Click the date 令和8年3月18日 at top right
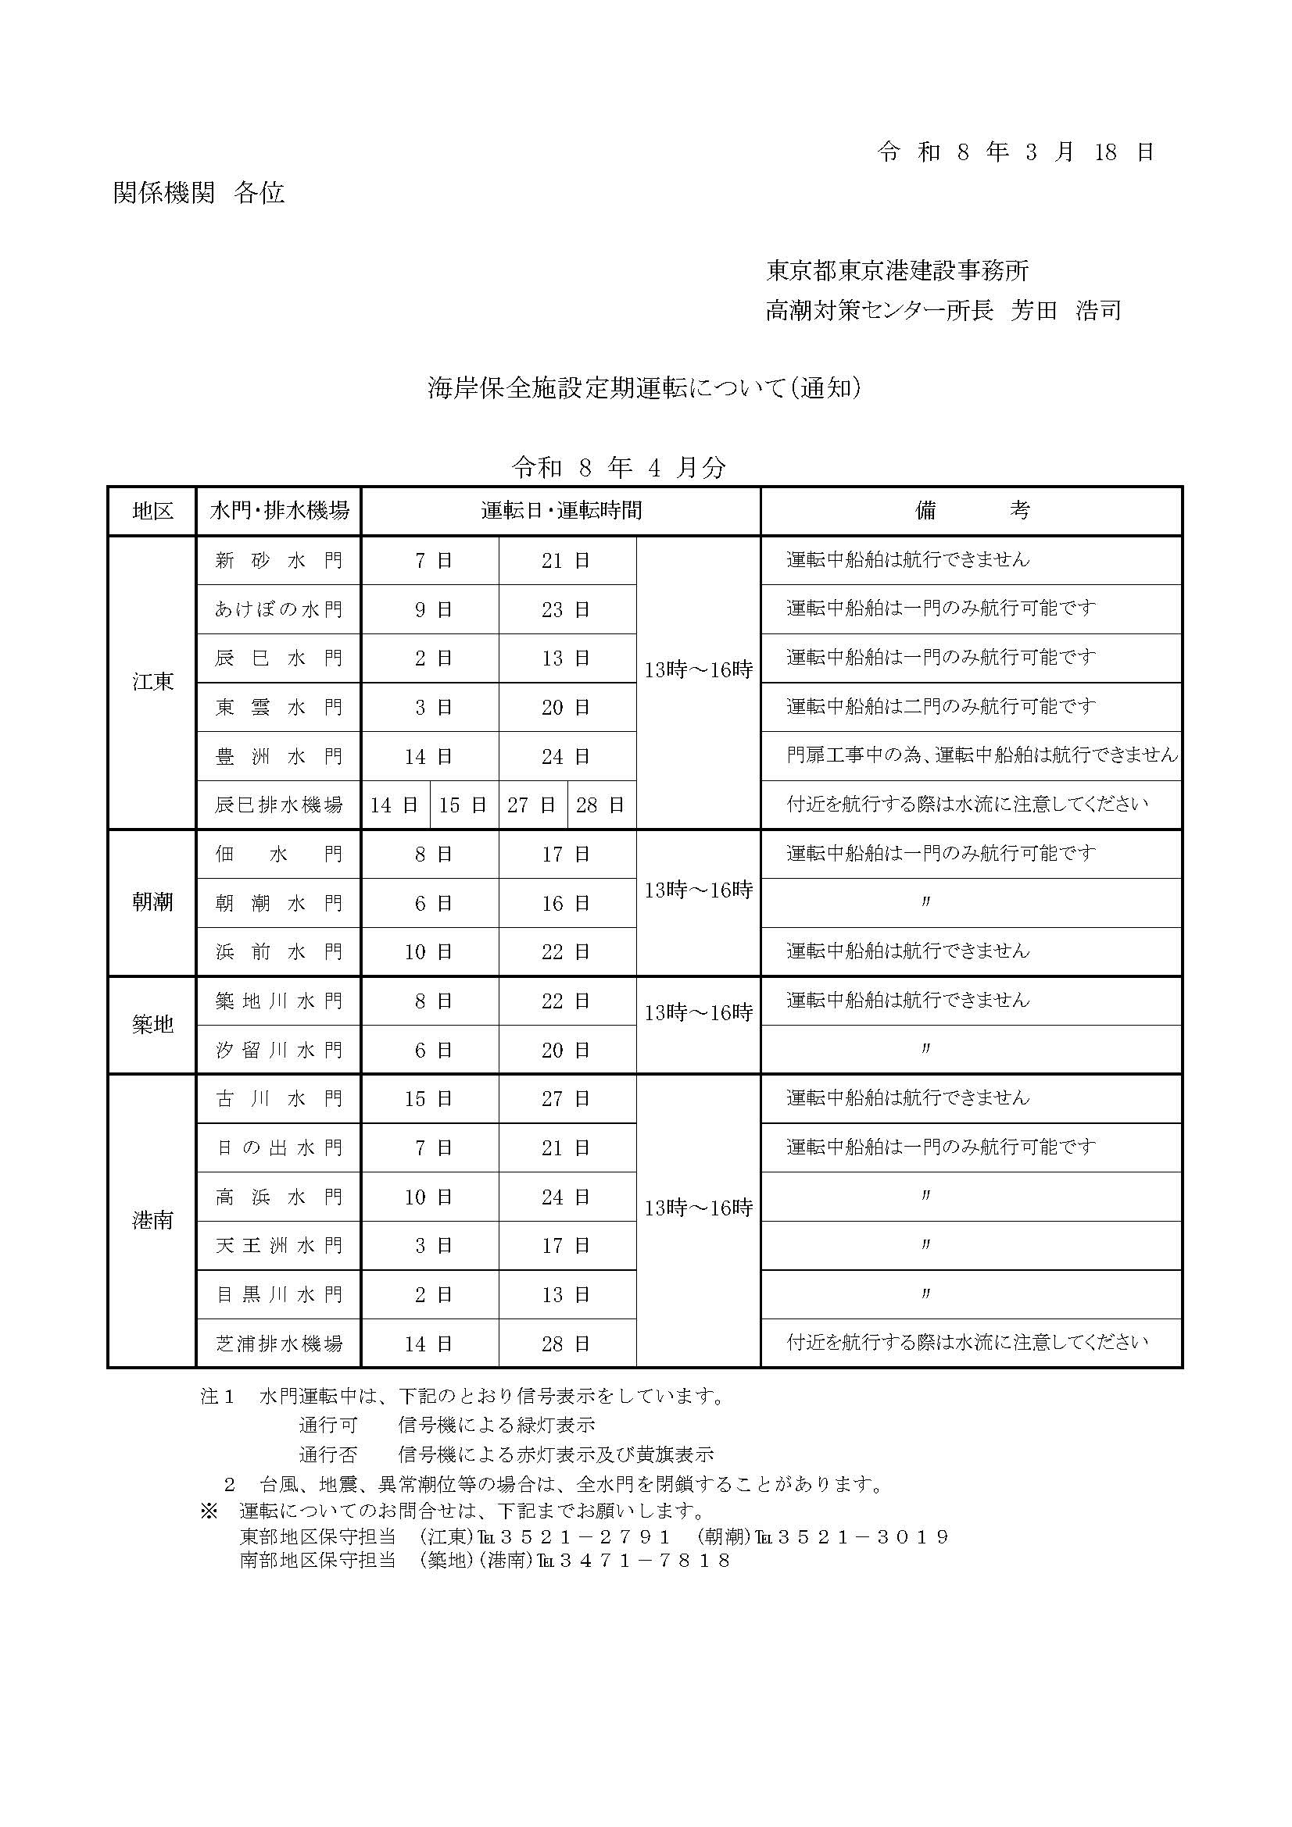1016,152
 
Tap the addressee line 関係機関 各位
199,194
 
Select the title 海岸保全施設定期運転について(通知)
645,388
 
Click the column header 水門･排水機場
279,511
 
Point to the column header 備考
972,511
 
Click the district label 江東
153,682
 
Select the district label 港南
153,1221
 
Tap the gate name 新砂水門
279,561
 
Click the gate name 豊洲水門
279,756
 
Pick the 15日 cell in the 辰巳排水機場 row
463,805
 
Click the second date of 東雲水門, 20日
566,708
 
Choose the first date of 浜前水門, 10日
429,951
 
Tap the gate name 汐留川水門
279,1051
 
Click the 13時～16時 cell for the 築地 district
698,1013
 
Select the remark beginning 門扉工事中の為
982,755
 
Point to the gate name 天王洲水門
279,1245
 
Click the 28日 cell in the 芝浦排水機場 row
566,1344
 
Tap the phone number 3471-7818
645,1561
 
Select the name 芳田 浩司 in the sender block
1067,310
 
